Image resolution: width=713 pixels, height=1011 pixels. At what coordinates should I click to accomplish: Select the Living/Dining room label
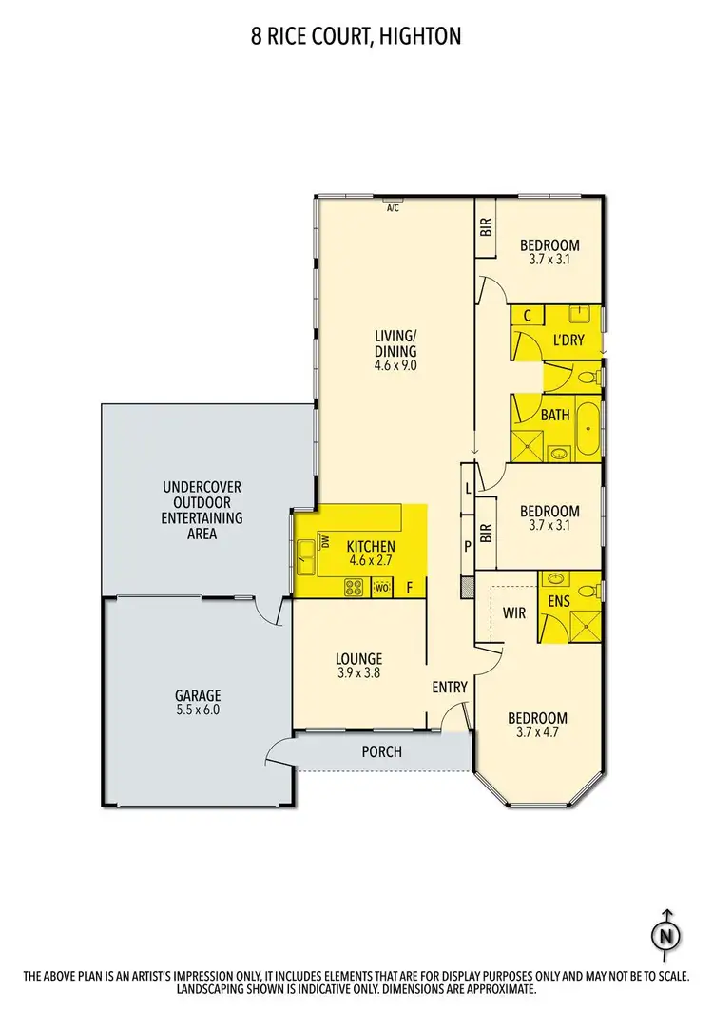coord(395,343)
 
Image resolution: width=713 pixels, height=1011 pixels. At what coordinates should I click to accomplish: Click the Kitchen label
coord(370,547)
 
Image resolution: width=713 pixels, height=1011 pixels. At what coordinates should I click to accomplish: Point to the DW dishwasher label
coord(325,543)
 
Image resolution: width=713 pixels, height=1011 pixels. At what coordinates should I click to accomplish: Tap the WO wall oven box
coord(381,588)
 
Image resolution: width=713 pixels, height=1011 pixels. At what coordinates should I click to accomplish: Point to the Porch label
coord(381,751)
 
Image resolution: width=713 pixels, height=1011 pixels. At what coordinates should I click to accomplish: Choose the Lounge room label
coord(358,658)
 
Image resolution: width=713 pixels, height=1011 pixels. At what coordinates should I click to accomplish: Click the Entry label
coord(450,688)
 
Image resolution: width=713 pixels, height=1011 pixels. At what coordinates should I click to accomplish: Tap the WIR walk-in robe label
coord(514,613)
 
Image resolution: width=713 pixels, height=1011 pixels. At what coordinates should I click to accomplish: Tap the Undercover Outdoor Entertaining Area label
coord(202,510)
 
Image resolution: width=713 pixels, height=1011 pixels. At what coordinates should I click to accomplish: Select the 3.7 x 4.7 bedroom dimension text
coord(537,733)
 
